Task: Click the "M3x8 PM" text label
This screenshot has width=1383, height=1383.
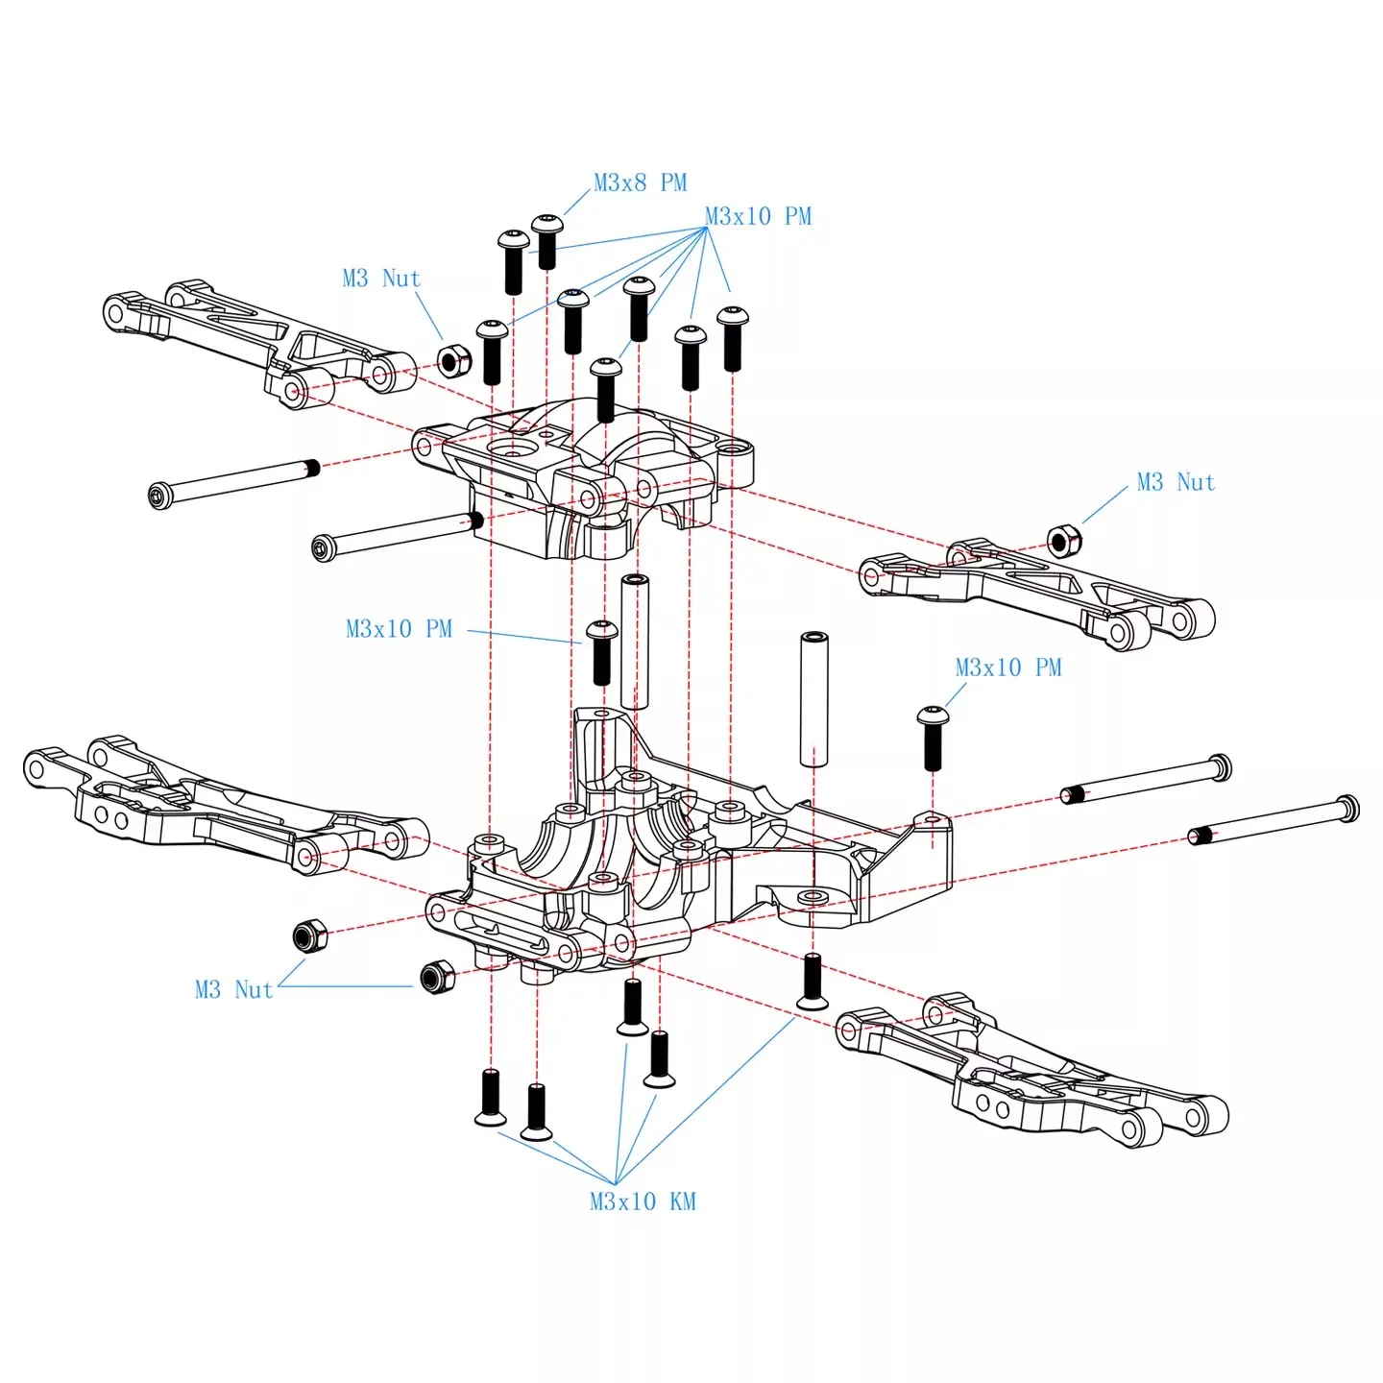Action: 641,183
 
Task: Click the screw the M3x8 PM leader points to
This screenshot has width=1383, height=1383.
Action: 546,242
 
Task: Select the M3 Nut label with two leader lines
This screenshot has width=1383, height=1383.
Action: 234,989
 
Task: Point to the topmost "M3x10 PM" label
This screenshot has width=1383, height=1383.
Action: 758,216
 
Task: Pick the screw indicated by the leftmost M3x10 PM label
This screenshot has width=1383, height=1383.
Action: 601,653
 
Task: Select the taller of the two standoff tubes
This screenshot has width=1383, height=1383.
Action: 813,699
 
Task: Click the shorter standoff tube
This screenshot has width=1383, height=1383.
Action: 635,641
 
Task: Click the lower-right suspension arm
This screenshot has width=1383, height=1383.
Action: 1032,1072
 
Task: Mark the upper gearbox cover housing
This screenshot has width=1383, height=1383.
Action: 583,478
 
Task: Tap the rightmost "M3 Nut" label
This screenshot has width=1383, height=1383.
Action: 1176,482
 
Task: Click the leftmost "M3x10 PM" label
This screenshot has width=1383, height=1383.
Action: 399,629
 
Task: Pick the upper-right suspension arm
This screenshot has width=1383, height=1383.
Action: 1037,593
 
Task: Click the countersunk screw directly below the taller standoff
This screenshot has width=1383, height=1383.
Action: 813,983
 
